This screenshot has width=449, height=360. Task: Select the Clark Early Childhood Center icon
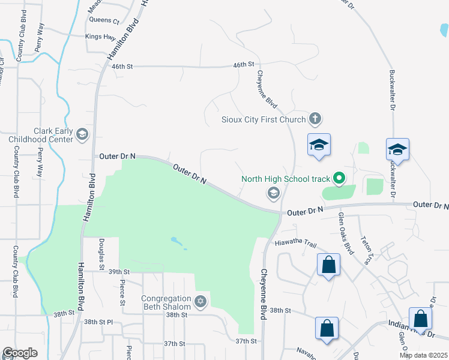(x=83, y=136)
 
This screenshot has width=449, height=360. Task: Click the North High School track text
(x=286, y=178)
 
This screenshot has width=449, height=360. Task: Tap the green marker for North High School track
(x=339, y=178)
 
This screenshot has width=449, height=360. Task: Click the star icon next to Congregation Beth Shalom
(x=200, y=302)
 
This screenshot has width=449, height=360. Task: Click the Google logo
(x=20, y=353)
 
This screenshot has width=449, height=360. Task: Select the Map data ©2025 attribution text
(x=423, y=355)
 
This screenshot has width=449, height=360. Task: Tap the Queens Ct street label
(x=104, y=20)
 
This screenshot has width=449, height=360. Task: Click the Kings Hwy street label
(x=100, y=37)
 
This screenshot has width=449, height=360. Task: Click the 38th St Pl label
(x=98, y=322)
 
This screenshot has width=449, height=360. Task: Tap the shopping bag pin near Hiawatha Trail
(x=329, y=265)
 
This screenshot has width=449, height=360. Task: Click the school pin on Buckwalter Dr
(x=398, y=149)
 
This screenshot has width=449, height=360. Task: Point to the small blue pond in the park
(x=177, y=242)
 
